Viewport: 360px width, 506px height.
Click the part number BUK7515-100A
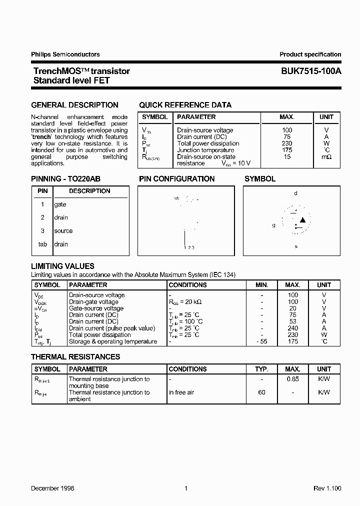(x=310, y=71)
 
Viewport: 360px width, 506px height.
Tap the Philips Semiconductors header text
(x=65, y=54)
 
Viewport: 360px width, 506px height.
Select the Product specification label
(x=310, y=54)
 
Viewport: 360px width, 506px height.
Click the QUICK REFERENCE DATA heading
(x=185, y=105)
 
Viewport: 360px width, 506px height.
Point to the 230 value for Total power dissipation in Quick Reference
(x=287, y=143)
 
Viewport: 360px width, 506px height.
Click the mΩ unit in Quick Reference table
(x=326, y=157)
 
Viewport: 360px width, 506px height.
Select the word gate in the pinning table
(x=60, y=204)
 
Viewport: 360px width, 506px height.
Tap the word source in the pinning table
(x=63, y=231)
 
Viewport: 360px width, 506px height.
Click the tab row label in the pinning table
(x=43, y=244)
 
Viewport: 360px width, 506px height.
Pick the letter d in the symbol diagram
(x=295, y=193)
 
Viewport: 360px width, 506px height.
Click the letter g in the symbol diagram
(x=273, y=225)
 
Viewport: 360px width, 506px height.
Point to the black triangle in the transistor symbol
(x=302, y=220)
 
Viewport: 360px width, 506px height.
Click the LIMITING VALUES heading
(x=62, y=266)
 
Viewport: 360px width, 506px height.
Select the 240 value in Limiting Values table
(x=292, y=328)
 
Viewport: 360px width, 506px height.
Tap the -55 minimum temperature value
(x=262, y=341)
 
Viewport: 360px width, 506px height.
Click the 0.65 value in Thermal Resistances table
(x=292, y=379)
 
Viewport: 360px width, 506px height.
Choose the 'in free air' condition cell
(x=181, y=392)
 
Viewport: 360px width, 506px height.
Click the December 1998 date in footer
(x=52, y=488)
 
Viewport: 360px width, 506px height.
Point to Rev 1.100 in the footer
(x=327, y=488)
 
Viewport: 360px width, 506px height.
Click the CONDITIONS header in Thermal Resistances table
(x=187, y=369)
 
